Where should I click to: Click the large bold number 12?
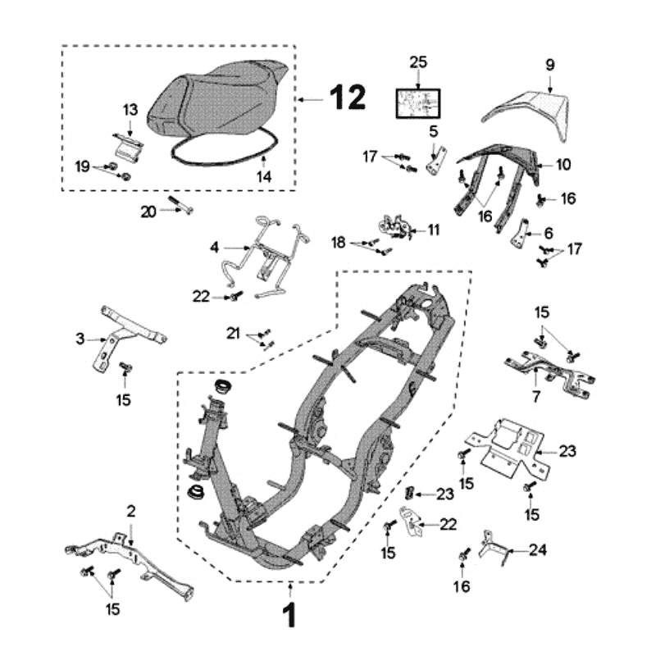pos(348,98)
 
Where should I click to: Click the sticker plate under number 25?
pos(418,102)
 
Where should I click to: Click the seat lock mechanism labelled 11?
pos(397,226)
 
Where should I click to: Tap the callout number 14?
pos(264,175)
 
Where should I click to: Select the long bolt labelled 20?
pos(181,205)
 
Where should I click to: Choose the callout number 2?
pos(130,511)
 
